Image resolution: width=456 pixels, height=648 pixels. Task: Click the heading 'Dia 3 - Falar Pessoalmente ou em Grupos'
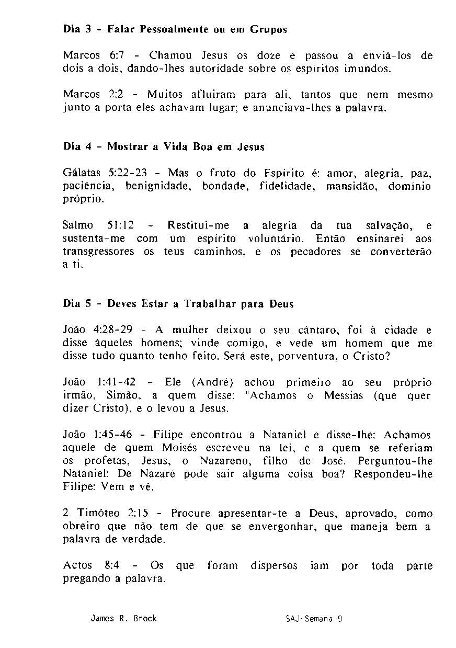[x=175, y=30]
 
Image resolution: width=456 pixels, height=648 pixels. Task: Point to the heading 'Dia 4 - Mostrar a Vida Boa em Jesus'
[x=164, y=147]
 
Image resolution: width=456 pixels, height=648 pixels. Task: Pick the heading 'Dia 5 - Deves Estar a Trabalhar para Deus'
[x=178, y=304]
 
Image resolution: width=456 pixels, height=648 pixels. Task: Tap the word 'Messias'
[x=344, y=395]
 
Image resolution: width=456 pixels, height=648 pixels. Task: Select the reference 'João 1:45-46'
[x=97, y=435]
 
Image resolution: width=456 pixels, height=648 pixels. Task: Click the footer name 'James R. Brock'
[x=123, y=618]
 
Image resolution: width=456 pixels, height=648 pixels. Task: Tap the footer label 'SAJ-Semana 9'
[x=314, y=618]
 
